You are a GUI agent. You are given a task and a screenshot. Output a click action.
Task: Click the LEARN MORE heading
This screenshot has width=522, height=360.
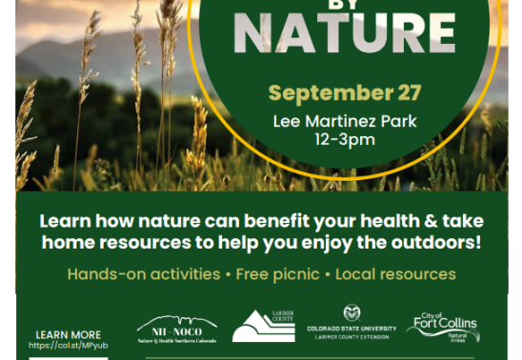click(x=68, y=334)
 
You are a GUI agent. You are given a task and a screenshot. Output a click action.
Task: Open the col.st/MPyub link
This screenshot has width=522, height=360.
click(x=68, y=346)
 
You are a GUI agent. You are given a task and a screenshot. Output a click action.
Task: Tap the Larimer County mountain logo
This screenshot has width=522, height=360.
click(x=264, y=327)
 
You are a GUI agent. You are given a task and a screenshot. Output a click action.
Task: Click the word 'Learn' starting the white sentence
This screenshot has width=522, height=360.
click(x=66, y=220)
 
